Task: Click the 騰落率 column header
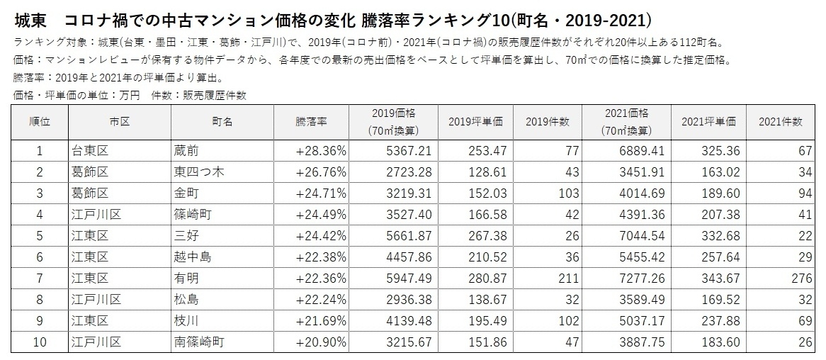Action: [x=311, y=122]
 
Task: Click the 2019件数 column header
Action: [x=548, y=122]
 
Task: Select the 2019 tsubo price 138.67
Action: [x=484, y=300]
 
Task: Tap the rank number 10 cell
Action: [x=40, y=342]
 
